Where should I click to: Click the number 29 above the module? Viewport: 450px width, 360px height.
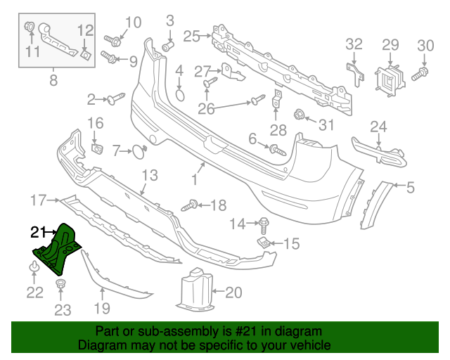pos(390,45)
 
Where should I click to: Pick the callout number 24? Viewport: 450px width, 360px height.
pos(378,127)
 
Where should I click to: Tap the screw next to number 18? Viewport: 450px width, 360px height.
pos(190,205)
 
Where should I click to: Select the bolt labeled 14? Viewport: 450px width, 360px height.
pos(263,226)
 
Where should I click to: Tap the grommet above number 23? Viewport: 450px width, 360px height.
pos(62,285)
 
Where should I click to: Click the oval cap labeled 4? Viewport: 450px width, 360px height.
pos(179,95)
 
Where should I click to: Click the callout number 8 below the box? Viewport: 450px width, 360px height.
pos(53,80)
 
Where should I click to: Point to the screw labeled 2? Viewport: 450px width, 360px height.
pos(114,99)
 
